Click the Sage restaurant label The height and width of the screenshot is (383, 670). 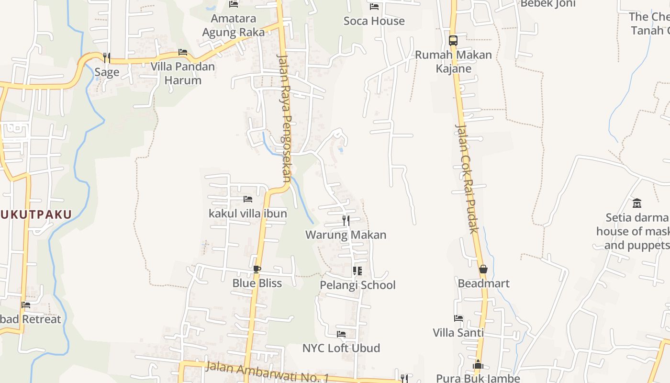click(106, 72)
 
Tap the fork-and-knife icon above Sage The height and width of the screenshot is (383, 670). click(106, 57)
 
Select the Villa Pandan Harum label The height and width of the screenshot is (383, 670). click(183, 73)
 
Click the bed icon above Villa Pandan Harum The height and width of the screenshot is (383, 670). click(183, 52)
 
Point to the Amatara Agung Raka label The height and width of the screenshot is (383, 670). click(234, 25)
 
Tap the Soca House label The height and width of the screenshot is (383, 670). click(374, 21)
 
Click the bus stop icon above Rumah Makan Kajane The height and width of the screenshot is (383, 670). click(453, 41)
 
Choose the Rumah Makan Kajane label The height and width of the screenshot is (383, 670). click(453, 61)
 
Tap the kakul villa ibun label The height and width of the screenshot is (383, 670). click(248, 214)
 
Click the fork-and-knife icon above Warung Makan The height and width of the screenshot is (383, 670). click(346, 221)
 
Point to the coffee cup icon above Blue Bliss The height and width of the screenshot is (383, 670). click(257, 269)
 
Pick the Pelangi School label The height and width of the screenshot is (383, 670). click(357, 285)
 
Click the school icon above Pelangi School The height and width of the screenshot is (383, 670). click(357, 271)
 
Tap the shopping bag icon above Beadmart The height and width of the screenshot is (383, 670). click(483, 269)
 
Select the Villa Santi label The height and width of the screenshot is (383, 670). click(458, 332)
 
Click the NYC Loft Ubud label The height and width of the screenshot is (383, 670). click(341, 348)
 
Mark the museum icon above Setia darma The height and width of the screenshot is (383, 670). click(637, 203)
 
